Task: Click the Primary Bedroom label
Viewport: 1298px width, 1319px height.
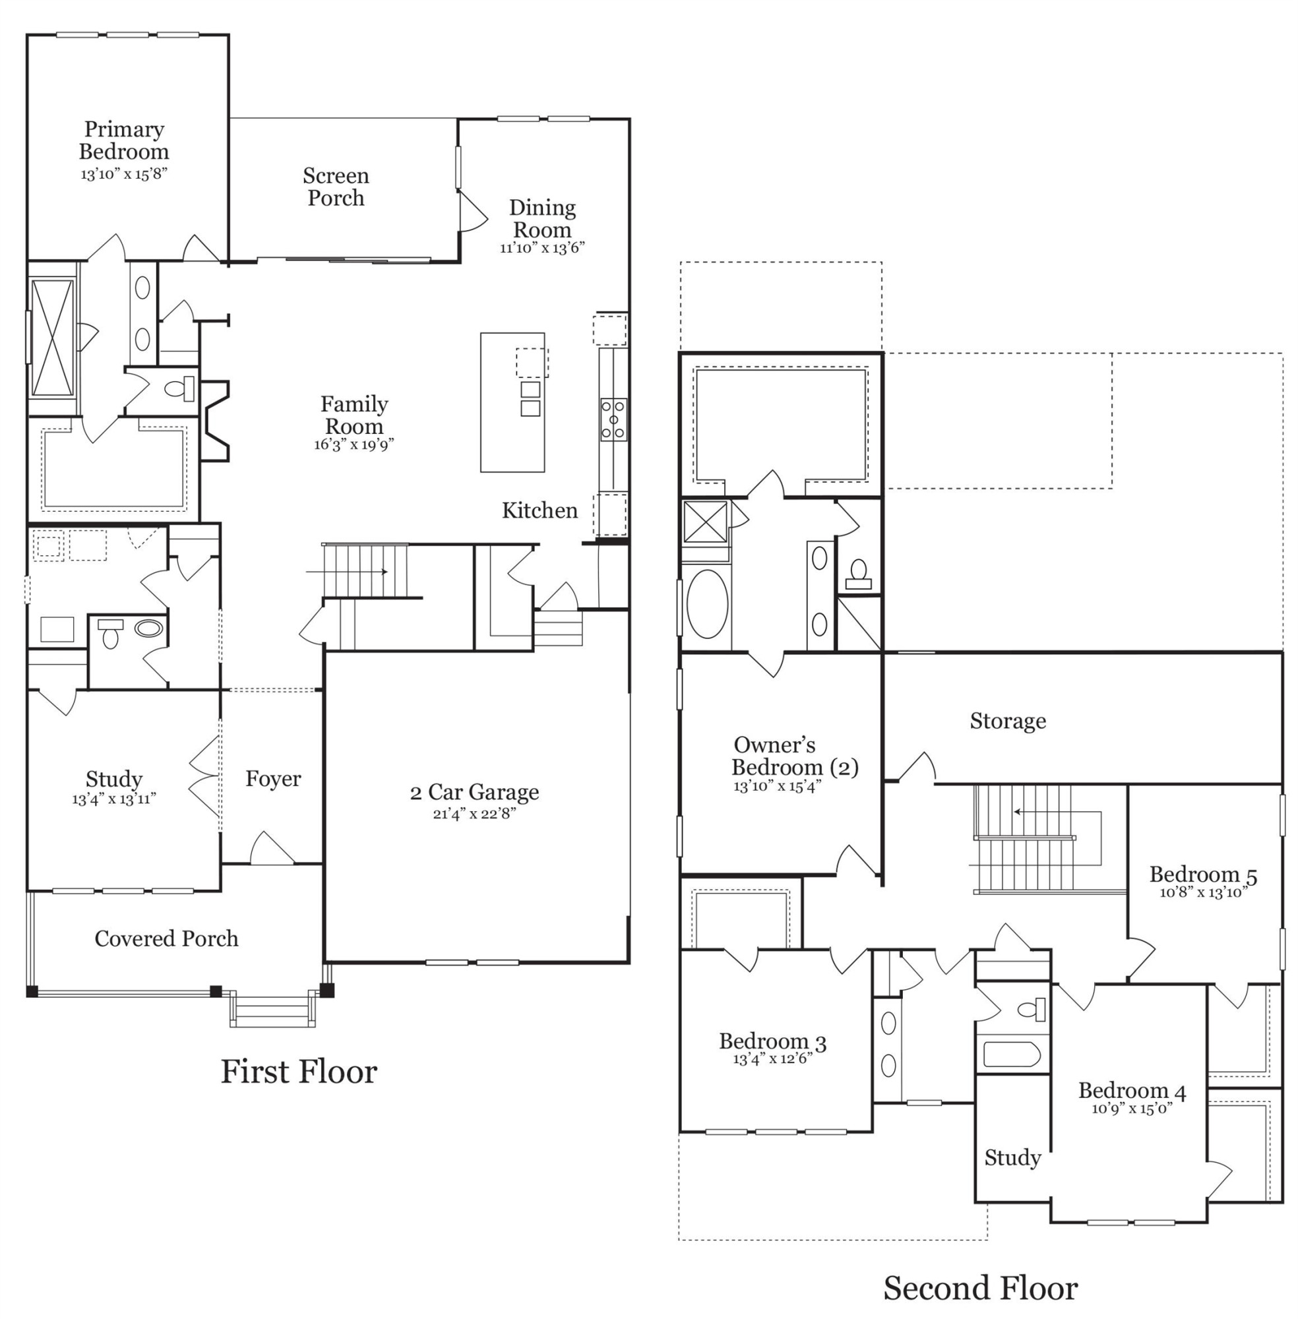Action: point(123,140)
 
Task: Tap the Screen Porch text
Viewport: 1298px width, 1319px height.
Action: point(336,187)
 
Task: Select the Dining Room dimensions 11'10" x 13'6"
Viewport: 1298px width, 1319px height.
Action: point(542,248)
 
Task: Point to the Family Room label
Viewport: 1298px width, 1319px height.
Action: point(354,415)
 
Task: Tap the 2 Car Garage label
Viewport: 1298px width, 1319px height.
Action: point(474,792)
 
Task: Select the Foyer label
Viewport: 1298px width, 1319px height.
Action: point(272,778)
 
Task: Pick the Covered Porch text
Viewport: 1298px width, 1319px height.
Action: point(166,938)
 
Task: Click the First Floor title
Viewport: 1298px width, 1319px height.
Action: point(298,1072)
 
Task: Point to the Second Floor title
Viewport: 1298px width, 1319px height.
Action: point(979,1288)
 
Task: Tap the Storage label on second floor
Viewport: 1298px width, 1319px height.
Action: point(1007,721)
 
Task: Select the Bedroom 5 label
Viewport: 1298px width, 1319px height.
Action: point(1202,874)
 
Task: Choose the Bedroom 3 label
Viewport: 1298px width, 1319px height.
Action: point(772,1041)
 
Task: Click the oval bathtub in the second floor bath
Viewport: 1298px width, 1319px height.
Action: point(707,604)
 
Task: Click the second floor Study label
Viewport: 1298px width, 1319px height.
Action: point(1012,1157)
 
